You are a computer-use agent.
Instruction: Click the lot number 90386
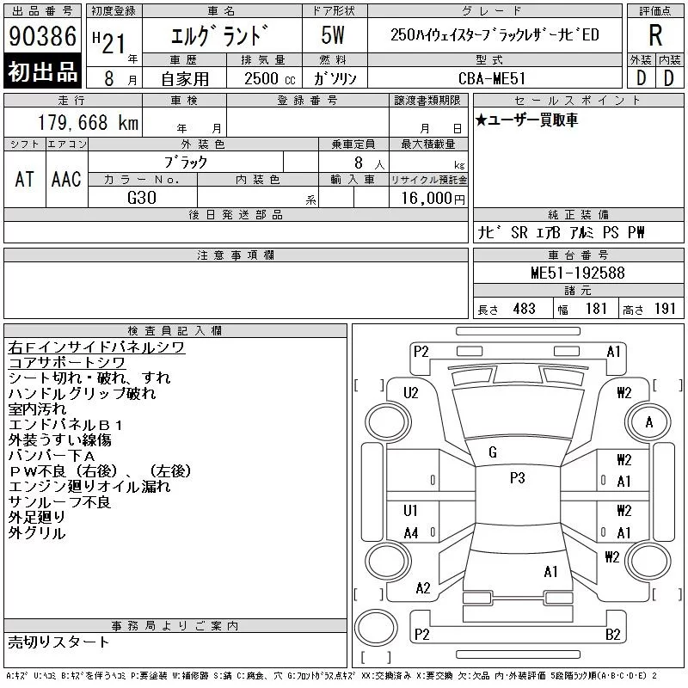42,36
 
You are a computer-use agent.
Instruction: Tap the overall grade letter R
655,35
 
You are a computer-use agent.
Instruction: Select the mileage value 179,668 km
88,122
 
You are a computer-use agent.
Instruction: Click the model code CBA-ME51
492,78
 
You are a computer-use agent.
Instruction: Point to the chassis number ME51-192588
578,273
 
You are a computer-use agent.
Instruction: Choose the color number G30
142,198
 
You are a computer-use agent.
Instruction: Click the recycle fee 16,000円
433,199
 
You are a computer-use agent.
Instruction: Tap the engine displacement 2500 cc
270,79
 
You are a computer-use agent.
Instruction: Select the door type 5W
333,35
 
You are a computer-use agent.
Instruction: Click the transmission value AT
25,180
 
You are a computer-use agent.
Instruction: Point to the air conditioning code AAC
66,180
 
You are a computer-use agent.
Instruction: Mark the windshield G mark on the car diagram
493,452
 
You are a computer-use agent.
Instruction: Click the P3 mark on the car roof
518,478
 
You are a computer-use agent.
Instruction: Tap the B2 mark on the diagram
613,635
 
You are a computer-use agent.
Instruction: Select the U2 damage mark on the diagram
411,392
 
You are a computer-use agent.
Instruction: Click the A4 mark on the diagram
411,533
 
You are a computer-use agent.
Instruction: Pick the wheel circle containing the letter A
648,422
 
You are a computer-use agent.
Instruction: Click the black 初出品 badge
42,71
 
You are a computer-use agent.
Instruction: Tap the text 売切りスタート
58,642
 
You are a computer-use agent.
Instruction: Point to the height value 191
665,309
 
